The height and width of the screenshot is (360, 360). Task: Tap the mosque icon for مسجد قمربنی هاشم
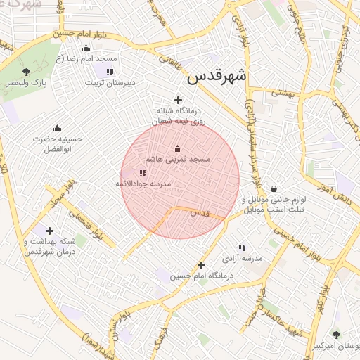(x=177, y=148)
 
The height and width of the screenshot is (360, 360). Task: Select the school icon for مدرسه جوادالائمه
(x=143, y=173)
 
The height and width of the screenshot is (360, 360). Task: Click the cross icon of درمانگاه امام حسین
(x=202, y=265)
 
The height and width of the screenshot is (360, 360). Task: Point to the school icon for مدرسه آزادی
(x=242, y=247)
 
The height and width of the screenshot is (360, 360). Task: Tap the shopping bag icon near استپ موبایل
(x=274, y=188)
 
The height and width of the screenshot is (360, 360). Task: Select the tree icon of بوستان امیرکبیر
(x=335, y=335)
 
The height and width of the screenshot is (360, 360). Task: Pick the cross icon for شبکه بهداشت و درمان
(x=49, y=230)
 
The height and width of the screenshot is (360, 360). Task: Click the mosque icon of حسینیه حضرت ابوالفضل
(x=57, y=128)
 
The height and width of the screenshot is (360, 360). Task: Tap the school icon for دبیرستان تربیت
(x=110, y=72)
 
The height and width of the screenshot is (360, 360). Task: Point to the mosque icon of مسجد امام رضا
(x=86, y=48)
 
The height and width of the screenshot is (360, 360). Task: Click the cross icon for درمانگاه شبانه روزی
(x=178, y=101)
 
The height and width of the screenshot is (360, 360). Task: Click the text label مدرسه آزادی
(x=241, y=259)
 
